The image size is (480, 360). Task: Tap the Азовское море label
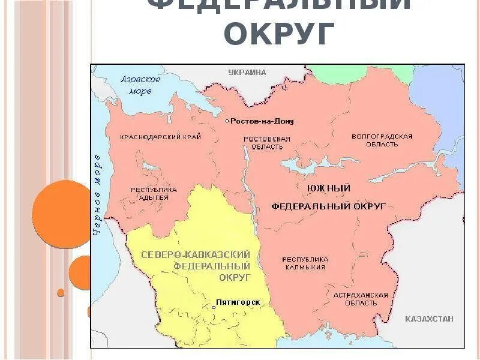(140, 85)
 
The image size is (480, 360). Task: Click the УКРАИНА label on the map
(247, 72)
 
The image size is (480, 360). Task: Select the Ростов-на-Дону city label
(262, 121)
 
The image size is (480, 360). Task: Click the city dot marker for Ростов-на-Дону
(227, 121)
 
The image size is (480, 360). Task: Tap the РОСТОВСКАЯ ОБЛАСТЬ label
(266, 143)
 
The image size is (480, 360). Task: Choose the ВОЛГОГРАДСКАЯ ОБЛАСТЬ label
(382, 140)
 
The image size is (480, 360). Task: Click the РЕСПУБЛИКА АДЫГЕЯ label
(154, 194)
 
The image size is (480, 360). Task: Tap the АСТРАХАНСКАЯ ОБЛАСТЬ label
(361, 299)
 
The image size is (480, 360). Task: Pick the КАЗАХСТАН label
(429, 319)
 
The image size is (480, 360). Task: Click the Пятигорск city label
(239, 302)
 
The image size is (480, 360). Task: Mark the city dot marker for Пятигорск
(213, 307)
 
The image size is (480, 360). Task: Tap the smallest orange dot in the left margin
(61, 292)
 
